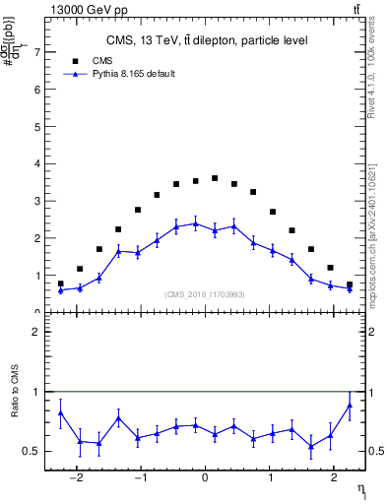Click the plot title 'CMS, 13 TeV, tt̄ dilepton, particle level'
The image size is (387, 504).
tap(207, 40)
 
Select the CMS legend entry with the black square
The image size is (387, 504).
tap(83, 60)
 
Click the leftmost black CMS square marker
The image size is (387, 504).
tap(61, 283)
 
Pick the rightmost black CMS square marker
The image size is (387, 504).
tap(350, 284)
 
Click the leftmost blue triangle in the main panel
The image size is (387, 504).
tap(61, 290)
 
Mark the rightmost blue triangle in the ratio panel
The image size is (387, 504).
tap(350, 406)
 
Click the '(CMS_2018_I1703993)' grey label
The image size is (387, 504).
tap(204, 294)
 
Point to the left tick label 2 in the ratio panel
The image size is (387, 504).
tap(36, 332)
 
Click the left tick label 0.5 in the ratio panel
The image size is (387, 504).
tap(32, 451)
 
